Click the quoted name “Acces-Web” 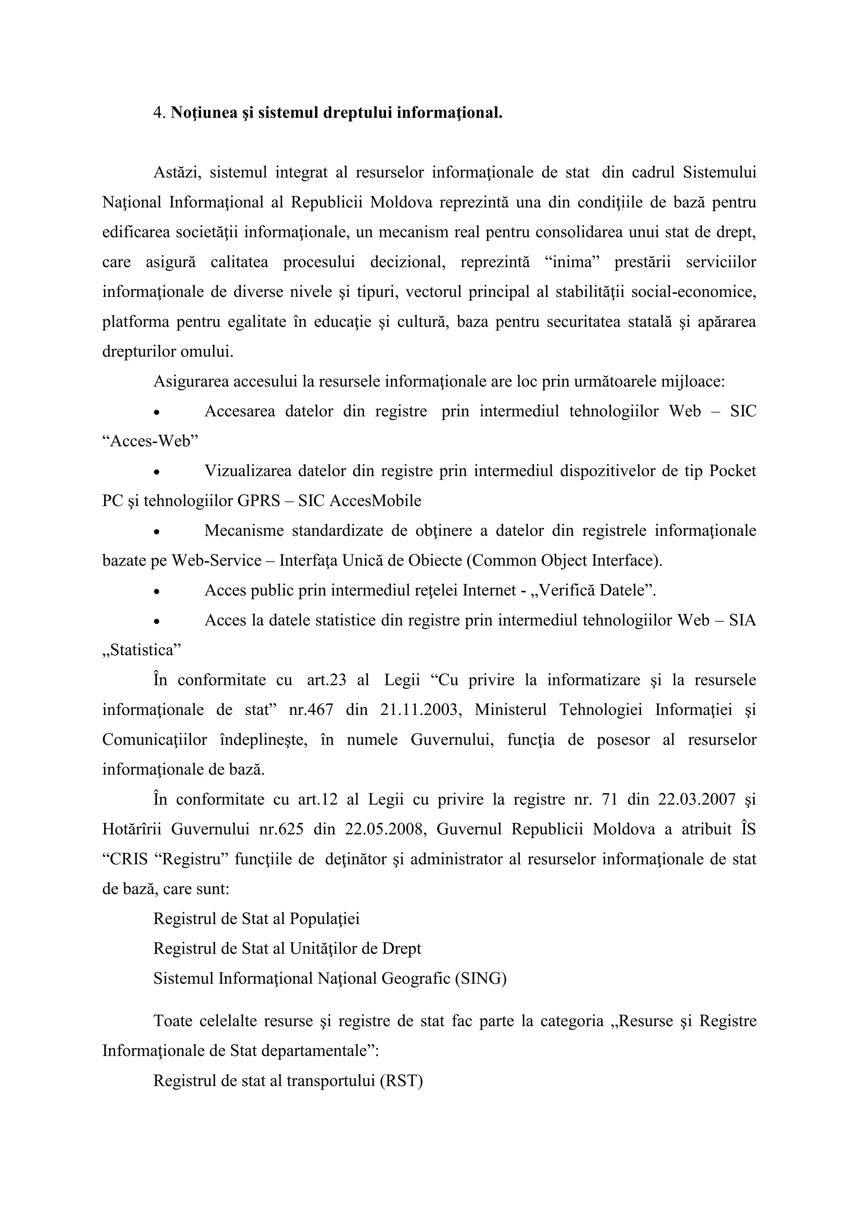tap(150, 441)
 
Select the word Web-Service tap(216, 560)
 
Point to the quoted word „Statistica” tap(141, 650)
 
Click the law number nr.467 tap(311, 710)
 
